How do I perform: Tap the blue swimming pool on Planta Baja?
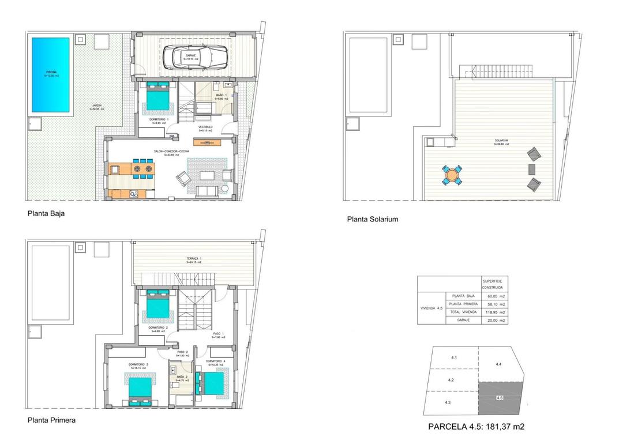[x=51, y=75]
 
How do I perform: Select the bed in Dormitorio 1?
[x=157, y=97]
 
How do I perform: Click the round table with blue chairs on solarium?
[x=452, y=175]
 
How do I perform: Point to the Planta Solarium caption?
[x=372, y=219]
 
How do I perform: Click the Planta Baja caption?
[x=46, y=213]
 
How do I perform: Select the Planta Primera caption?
[x=51, y=420]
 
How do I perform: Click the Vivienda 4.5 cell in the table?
[x=431, y=308]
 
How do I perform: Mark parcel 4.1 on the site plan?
[x=453, y=358]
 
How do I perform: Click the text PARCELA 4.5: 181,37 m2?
[x=476, y=427]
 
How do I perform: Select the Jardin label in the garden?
[x=95, y=107]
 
